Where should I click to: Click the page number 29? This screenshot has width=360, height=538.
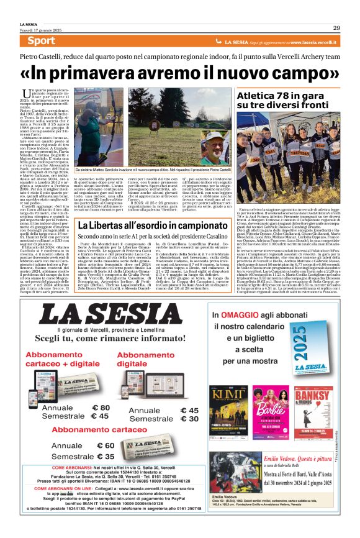click(x=336, y=27)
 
